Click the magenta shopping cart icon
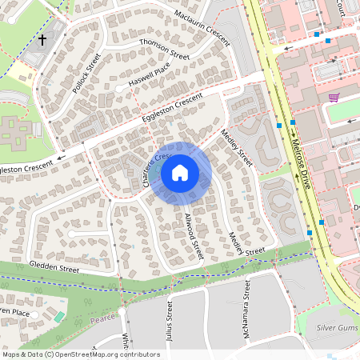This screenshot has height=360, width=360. pos(334,98)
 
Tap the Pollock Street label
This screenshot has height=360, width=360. pos(87,74)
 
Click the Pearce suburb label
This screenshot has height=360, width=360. pos(103,318)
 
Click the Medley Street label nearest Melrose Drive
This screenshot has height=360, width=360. pos(237,148)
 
